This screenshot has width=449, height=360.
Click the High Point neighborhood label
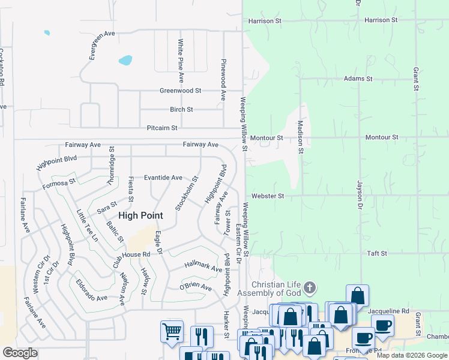[141, 215]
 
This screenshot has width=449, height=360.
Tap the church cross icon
[310, 288]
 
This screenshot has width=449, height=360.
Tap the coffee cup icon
[382, 326]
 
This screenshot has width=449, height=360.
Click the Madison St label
[300, 137]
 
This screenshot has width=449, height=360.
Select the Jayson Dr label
[360, 194]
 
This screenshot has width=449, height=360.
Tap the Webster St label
[268, 196]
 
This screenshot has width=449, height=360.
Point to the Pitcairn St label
[162, 128]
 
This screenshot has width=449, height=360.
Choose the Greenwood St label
[180, 91]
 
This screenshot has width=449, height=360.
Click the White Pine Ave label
[180, 61]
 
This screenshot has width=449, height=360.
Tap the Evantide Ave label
[163, 178]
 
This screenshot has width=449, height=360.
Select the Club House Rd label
[131, 256]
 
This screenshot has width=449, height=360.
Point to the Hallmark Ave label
[203, 268]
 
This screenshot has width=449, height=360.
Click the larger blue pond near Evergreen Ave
[125, 60]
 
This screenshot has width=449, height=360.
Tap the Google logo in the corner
[20, 353]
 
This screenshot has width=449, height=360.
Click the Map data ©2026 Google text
[412, 355]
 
